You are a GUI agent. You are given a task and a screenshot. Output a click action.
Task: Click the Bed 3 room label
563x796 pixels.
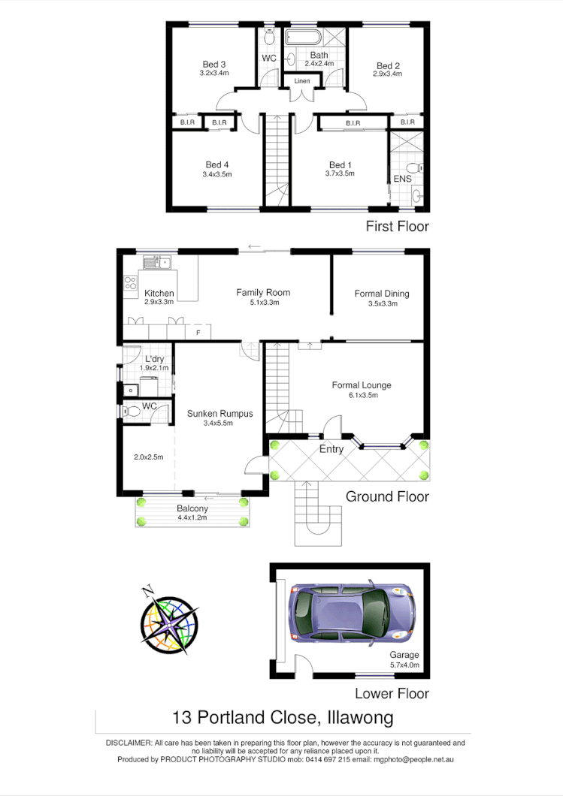pyautogui.click(x=214, y=64)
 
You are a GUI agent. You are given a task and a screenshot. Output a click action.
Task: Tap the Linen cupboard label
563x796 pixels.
pyautogui.click(x=301, y=81)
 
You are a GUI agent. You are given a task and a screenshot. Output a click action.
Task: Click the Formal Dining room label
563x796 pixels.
pyautogui.click(x=382, y=294)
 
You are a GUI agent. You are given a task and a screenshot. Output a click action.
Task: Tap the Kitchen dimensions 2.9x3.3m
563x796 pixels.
pyautogui.click(x=159, y=303)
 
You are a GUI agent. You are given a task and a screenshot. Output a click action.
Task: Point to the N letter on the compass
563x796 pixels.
pyautogui.click(x=148, y=589)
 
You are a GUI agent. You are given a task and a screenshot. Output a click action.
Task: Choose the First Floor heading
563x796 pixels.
pyautogui.click(x=397, y=226)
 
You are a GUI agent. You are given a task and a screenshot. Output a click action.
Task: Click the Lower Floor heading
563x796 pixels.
pyautogui.click(x=392, y=694)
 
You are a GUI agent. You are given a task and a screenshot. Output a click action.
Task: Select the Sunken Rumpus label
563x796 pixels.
pyautogui.click(x=220, y=414)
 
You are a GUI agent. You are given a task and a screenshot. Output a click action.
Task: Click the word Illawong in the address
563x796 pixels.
pyautogui.click(x=361, y=719)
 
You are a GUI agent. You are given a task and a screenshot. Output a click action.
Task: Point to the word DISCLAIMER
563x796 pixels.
pyautogui.click(x=129, y=743)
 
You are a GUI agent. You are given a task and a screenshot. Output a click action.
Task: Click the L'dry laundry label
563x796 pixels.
pyautogui.click(x=156, y=359)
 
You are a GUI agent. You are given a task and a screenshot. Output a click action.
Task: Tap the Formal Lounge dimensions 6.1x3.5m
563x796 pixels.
pyautogui.click(x=362, y=395)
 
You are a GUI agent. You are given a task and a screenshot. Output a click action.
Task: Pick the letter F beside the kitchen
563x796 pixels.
pyautogui.click(x=198, y=331)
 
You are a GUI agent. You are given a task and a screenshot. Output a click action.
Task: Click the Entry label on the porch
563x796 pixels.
pyautogui.click(x=331, y=450)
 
